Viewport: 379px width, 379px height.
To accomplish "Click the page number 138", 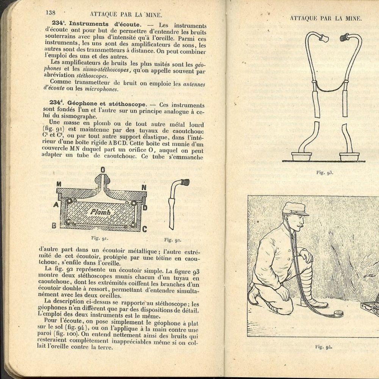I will [50, 13].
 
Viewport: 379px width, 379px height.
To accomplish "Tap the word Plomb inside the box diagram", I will [100, 212].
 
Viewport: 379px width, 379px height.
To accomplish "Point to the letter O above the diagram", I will [102, 169].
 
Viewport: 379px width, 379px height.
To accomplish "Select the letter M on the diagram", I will [59, 184].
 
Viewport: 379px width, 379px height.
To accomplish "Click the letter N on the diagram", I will [144, 187].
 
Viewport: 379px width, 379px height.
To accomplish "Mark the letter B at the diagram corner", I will [54, 226].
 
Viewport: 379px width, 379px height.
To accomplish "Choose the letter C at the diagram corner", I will [144, 229].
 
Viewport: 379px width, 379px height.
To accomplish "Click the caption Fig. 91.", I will [100, 238].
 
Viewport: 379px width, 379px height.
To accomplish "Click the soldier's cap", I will [295, 208].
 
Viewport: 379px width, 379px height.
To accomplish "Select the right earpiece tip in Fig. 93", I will [344, 38].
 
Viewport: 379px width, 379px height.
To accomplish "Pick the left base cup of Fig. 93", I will [301, 156].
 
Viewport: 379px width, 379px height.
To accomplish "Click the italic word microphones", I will [101, 89].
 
